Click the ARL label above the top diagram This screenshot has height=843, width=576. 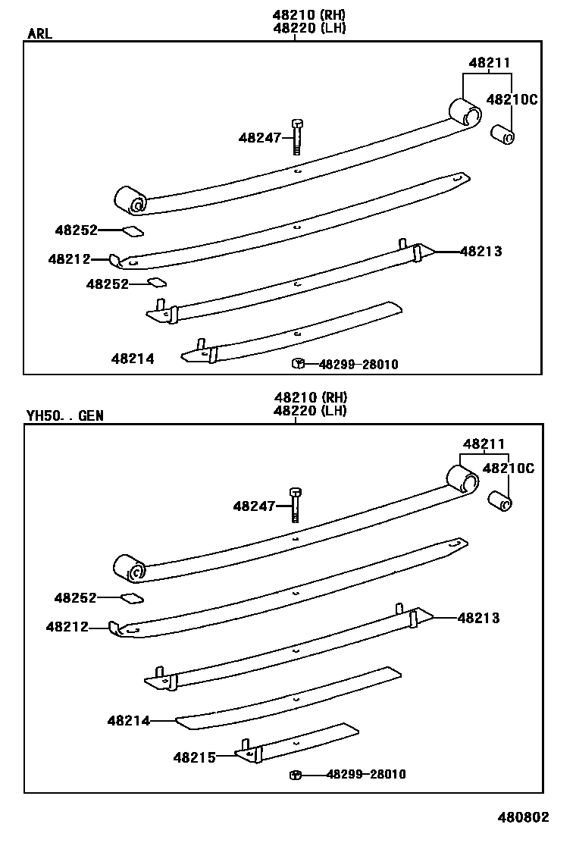40,33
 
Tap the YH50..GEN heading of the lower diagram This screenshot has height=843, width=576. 64,415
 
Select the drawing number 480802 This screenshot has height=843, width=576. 523,817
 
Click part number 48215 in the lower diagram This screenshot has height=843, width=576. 194,757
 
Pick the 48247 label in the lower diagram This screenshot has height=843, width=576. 254,506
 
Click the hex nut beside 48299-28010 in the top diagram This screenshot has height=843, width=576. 298,365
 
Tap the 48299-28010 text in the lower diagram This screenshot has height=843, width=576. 366,774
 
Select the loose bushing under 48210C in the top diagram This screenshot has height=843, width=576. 502,135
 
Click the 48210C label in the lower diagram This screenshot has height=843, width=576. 508,469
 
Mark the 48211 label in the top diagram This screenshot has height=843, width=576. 489,64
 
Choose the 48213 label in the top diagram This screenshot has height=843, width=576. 481,252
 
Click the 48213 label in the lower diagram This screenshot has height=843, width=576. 478,619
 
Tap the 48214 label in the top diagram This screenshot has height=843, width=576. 133,359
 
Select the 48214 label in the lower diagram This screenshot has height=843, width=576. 128,721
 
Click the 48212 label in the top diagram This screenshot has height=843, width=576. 69,259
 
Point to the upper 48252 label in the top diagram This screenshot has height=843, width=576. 76,230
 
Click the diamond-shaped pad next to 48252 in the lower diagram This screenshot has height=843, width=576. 132,598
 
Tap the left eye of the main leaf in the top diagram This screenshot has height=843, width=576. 131,202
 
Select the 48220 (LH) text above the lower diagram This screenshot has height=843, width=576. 310,411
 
